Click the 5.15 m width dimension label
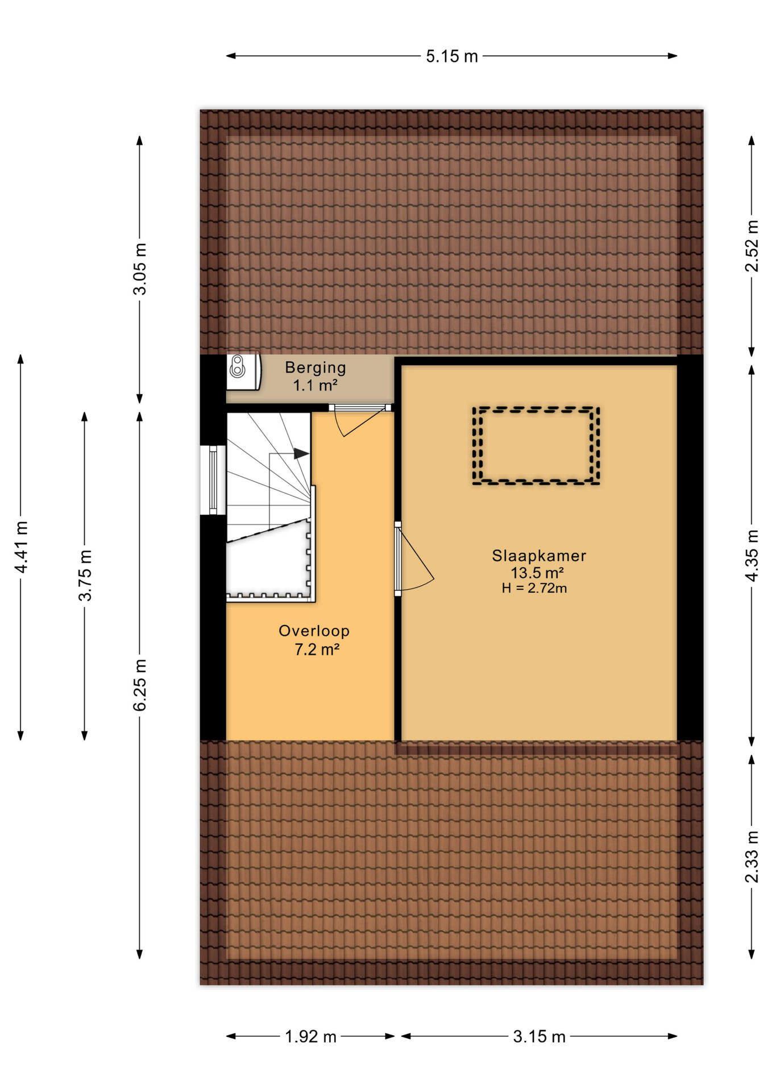tap(452, 56)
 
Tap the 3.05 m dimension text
tap(140, 269)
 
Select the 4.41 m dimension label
tap(21, 547)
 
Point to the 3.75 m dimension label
tap(85, 576)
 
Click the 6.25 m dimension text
tap(140, 685)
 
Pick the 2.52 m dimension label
tap(752, 246)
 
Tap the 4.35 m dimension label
tap(752, 556)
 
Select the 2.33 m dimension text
tap(752, 857)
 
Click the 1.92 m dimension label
tap(310, 1036)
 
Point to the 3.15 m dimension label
tap(539, 1036)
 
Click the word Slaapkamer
tap(538, 556)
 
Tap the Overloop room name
tap(314, 631)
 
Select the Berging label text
tap(316, 368)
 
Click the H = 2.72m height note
tap(534, 589)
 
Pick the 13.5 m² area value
tap(537, 573)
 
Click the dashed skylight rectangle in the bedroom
tap(536, 408)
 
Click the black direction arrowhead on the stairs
tap(301, 453)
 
